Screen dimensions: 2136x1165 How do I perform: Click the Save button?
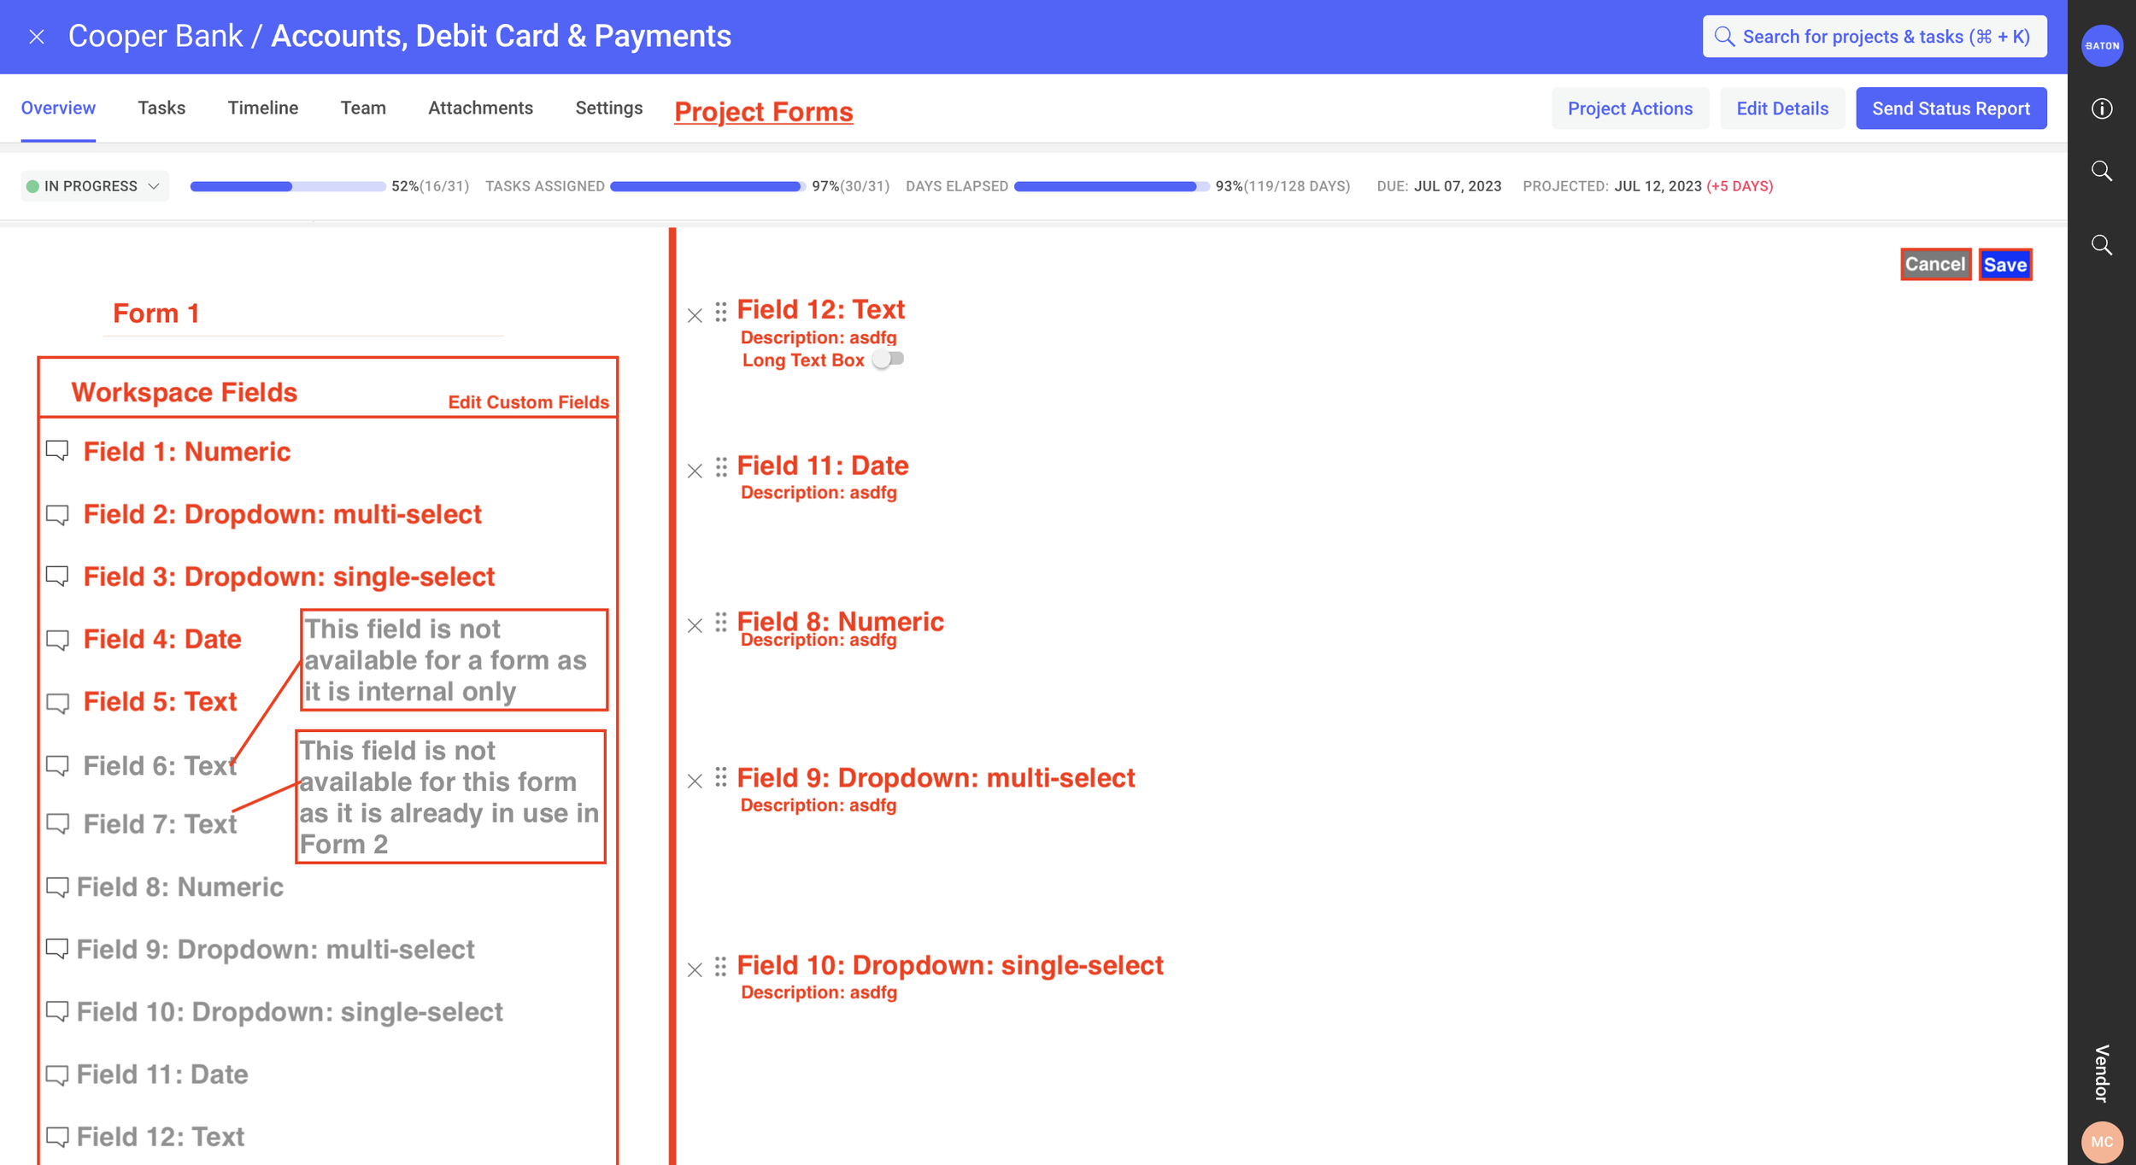2004,265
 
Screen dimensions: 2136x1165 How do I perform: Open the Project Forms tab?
763,112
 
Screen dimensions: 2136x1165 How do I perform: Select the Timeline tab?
262,108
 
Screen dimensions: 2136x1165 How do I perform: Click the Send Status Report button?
1951,108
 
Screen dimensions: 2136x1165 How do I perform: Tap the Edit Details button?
1781,108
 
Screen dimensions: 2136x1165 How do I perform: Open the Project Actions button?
1629,108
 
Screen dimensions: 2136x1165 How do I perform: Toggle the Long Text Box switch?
888,360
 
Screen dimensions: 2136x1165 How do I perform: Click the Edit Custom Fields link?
528,402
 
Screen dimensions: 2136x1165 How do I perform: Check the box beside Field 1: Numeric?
57,450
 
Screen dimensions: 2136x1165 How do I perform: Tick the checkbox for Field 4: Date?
57,639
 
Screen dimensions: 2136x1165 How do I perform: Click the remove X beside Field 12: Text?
695,316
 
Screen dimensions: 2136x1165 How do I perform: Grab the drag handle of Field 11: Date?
721,467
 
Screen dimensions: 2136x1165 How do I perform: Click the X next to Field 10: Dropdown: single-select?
695,970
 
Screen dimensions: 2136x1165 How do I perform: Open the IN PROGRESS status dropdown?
94,186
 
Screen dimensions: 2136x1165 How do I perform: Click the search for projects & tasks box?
1875,37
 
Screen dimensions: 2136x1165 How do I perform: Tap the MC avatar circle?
2102,1142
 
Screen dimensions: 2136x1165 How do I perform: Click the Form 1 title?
156,313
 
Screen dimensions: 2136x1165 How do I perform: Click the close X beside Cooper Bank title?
36,37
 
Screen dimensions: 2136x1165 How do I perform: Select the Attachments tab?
480,108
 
